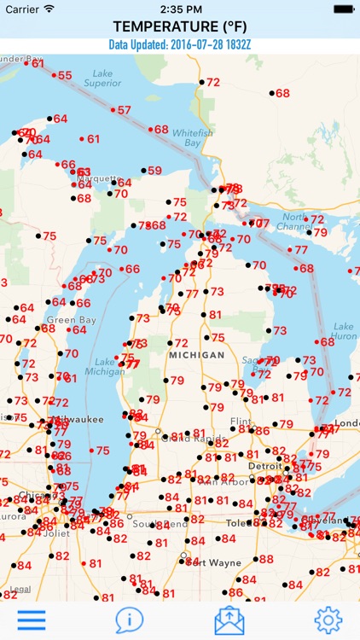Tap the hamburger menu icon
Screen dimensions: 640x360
(32, 620)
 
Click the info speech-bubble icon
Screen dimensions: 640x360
(130, 620)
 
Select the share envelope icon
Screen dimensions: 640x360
(229, 620)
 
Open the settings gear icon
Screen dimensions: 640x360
(328, 620)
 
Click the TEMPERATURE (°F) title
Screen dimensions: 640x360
(179, 26)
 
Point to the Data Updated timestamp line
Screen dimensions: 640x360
(179, 44)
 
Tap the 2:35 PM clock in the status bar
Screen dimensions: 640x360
(179, 8)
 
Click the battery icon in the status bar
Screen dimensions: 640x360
(343, 8)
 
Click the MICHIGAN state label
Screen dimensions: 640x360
(196, 354)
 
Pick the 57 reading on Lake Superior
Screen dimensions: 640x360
(125, 110)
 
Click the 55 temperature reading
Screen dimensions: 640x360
(65, 76)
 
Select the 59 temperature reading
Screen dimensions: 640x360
(154, 171)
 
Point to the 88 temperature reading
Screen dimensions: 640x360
(266, 559)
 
